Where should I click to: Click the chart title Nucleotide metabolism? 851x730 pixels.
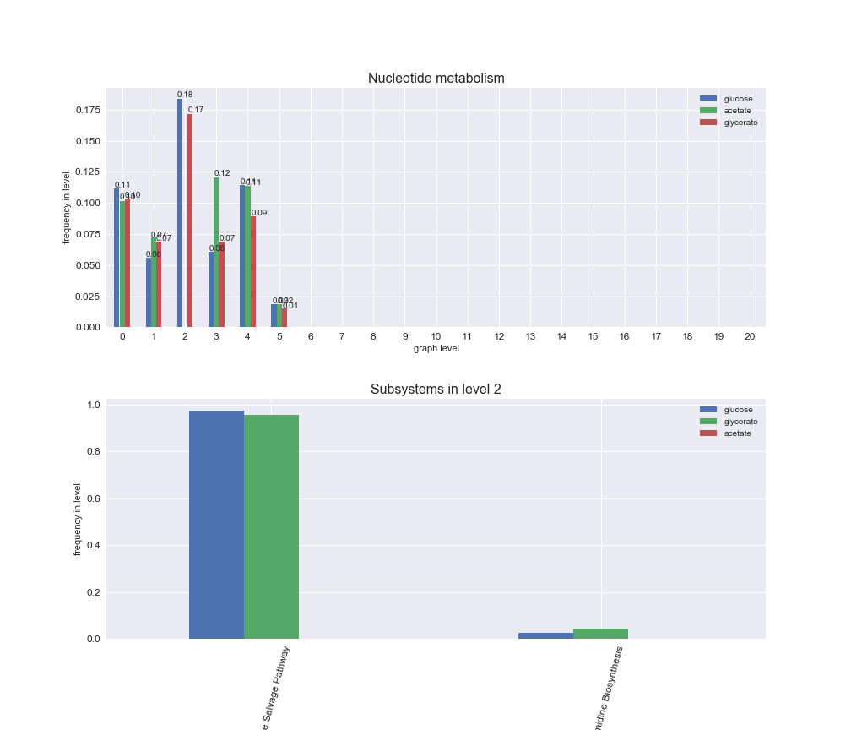[x=436, y=79]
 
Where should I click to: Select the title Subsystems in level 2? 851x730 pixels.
[x=436, y=390]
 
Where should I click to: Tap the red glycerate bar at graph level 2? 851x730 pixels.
[x=190, y=221]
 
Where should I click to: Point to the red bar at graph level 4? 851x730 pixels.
[x=253, y=271]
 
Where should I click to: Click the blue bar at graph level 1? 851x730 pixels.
[x=149, y=292]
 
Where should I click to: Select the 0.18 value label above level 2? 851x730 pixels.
[x=185, y=95]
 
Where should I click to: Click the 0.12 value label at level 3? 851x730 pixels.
[x=222, y=173]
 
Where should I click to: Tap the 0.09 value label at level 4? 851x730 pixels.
[x=259, y=213]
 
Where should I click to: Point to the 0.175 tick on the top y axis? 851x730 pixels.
[x=88, y=111]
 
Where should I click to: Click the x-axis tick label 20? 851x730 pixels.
[x=750, y=336]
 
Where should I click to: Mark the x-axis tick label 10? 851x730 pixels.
[x=436, y=336]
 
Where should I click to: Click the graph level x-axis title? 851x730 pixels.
[x=436, y=348]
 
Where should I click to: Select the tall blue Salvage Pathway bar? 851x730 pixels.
[x=216, y=524]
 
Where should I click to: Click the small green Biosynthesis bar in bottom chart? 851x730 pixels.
[x=600, y=634]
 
